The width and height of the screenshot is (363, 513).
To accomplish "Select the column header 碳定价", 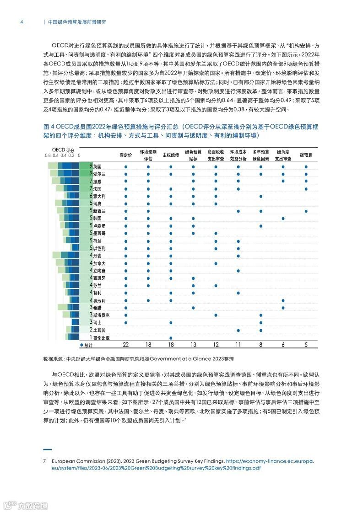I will [125, 155].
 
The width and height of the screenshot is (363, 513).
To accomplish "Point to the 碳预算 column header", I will [306, 155].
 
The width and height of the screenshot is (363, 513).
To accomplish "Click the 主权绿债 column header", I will [170, 155].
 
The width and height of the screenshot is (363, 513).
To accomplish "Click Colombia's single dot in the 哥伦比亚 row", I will [170, 337].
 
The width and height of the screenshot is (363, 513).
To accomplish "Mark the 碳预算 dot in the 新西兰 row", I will [306, 211].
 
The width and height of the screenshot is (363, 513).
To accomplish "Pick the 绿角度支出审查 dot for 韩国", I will [283, 219].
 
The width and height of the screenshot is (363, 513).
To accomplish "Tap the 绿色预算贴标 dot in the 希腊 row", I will [193, 308].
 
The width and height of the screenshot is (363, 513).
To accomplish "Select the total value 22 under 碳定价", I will [125, 345].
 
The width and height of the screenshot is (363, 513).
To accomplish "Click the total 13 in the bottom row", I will [193, 345].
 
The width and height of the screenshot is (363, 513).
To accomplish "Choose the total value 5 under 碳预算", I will [306, 345].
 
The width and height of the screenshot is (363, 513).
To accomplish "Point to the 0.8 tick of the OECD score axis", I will [48, 155].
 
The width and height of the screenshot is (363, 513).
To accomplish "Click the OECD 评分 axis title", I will [63, 150].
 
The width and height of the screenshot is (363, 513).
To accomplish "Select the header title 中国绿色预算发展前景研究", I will [77, 21].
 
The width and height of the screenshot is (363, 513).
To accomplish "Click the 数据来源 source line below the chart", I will [135, 359].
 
